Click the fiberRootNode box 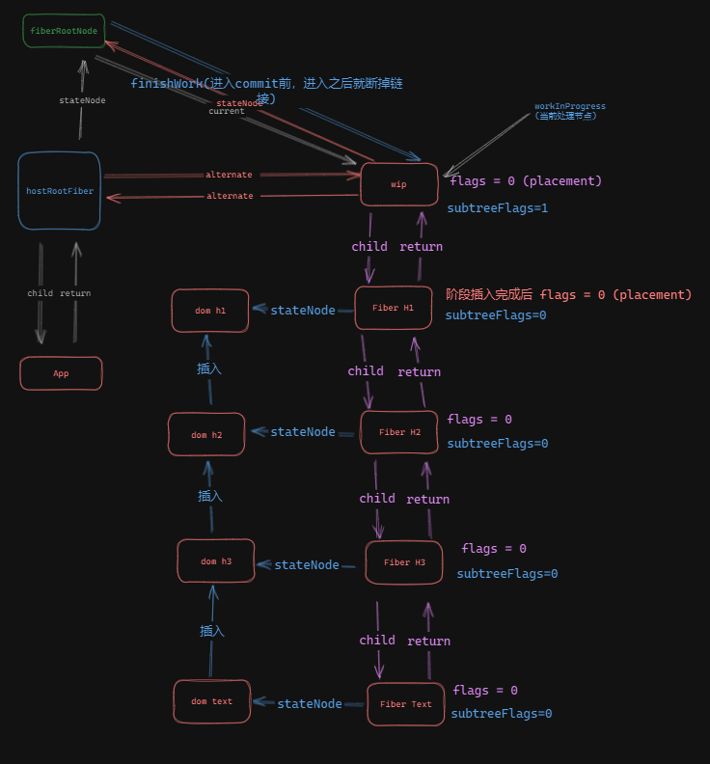pyautogui.click(x=64, y=31)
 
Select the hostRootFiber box pyautogui.click(x=60, y=191)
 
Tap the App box pyautogui.click(x=61, y=373)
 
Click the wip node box pyautogui.click(x=398, y=184)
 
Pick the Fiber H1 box pyautogui.click(x=393, y=308)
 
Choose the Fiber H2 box pyautogui.click(x=399, y=432)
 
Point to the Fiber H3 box pyautogui.click(x=404, y=562)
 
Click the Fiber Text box pyautogui.click(x=406, y=704)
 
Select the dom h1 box pyautogui.click(x=210, y=311)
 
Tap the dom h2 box pyautogui.click(x=206, y=435)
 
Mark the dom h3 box pyautogui.click(x=216, y=561)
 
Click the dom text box pyautogui.click(x=211, y=701)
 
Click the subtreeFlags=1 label pyautogui.click(x=498, y=207)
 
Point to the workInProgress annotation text pyautogui.click(x=570, y=111)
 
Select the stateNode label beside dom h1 pyautogui.click(x=303, y=311)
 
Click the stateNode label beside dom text pyautogui.click(x=310, y=704)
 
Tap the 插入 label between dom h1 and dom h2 pyautogui.click(x=209, y=368)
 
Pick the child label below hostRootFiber pyautogui.click(x=41, y=293)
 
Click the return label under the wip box pyautogui.click(x=422, y=246)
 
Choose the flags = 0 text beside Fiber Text pyautogui.click(x=485, y=691)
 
